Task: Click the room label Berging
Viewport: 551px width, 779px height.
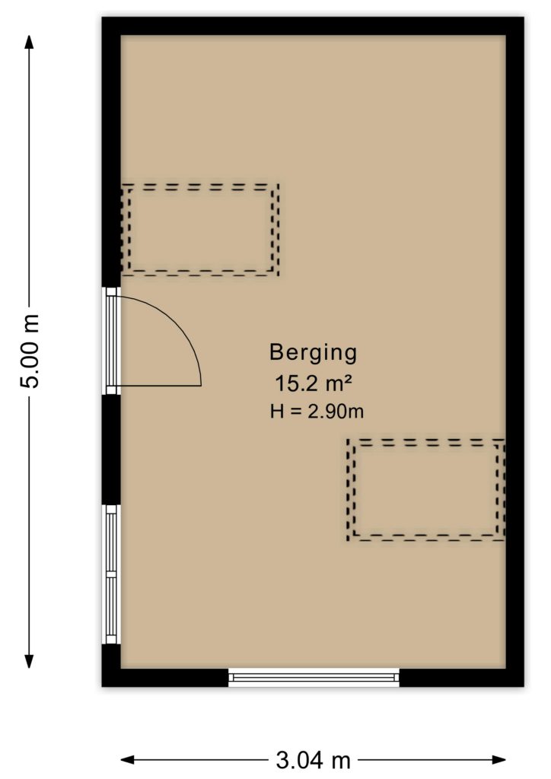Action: click(x=313, y=353)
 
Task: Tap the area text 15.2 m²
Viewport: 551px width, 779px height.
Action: click(x=314, y=383)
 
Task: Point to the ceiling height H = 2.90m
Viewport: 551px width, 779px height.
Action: click(x=317, y=412)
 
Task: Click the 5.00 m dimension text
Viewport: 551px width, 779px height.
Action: click(x=30, y=351)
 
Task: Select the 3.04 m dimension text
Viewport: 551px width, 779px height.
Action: click(x=313, y=760)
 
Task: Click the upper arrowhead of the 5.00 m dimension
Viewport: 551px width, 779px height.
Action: click(x=30, y=42)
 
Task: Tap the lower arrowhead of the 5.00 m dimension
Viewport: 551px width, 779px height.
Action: click(x=30, y=662)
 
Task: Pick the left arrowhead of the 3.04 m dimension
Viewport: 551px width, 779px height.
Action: click(x=128, y=760)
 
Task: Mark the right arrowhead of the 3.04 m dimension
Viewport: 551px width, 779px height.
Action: click(x=498, y=760)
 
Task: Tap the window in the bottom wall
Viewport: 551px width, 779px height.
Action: click(x=314, y=677)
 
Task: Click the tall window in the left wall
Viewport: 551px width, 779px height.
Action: click(x=111, y=574)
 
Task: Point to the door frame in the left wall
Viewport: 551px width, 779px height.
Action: click(x=111, y=341)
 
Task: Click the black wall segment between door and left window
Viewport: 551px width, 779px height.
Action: click(x=111, y=450)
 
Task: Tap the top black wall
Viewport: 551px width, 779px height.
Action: click(x=313, y=26)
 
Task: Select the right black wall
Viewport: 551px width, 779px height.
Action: click(x=514, y=351)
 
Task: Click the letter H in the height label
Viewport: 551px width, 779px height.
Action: click(x=277, y=412)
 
